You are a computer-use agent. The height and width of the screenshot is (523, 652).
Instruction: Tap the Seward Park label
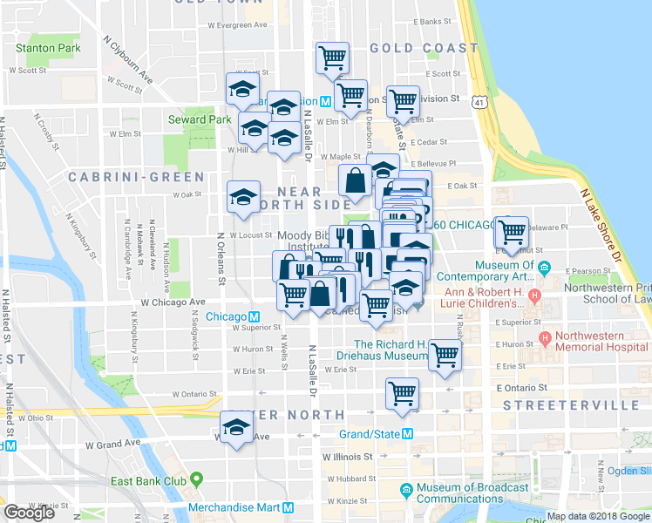200,119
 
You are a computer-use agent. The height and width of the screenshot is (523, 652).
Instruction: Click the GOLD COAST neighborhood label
424,48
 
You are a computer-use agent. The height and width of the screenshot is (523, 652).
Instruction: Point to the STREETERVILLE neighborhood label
554,405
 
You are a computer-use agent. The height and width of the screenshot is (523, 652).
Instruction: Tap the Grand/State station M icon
407,434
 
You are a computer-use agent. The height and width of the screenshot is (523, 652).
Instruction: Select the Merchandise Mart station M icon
288,507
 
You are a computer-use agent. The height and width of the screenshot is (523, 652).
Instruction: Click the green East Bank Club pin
196,479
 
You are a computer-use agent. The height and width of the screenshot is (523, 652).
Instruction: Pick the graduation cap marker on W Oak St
243,197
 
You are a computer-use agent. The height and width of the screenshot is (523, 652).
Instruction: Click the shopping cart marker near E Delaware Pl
512,231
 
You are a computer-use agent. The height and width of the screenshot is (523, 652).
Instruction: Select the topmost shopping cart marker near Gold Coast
332,58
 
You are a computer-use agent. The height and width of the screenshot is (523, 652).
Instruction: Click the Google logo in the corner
29,513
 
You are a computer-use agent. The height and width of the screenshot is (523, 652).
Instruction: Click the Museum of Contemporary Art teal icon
544,268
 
